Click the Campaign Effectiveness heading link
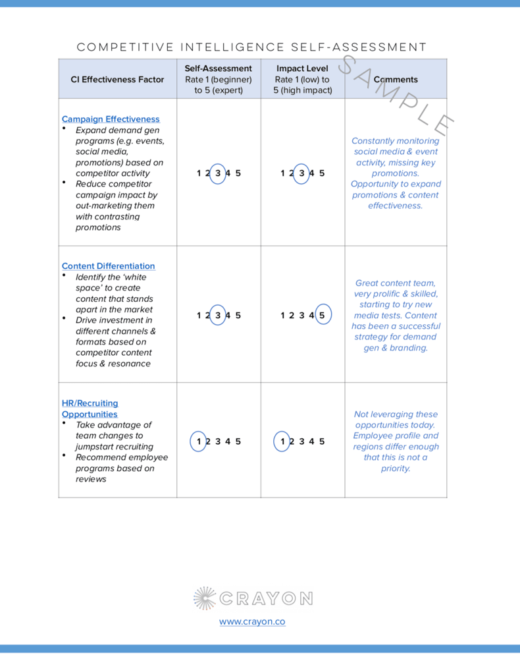[x=111, y=119]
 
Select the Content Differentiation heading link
[x=108, y=266]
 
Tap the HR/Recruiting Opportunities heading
[x=90, y=409]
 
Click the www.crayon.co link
[x=252, y=621]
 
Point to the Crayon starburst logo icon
[x=205, y=598]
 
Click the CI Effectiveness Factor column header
[x=117, y=80]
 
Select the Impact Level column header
[x=302, y=69]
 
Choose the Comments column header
[x=396, y=80]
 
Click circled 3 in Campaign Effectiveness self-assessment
[x=218, y=173]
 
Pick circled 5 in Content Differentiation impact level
[x=322, y=316]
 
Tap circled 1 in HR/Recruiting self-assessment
[x=199, y=441]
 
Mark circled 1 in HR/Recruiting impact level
[x=282, y=441]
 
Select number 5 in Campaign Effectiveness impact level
[x=322, y=173]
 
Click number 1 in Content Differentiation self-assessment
[x=199, y=316]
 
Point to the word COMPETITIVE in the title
[x=125, y=47]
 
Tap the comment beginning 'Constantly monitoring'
[x=395, y=173]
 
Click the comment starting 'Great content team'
[x=395, y=316]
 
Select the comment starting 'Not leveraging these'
[x=395, y=441]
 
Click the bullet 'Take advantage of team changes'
[x=113, y=436]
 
